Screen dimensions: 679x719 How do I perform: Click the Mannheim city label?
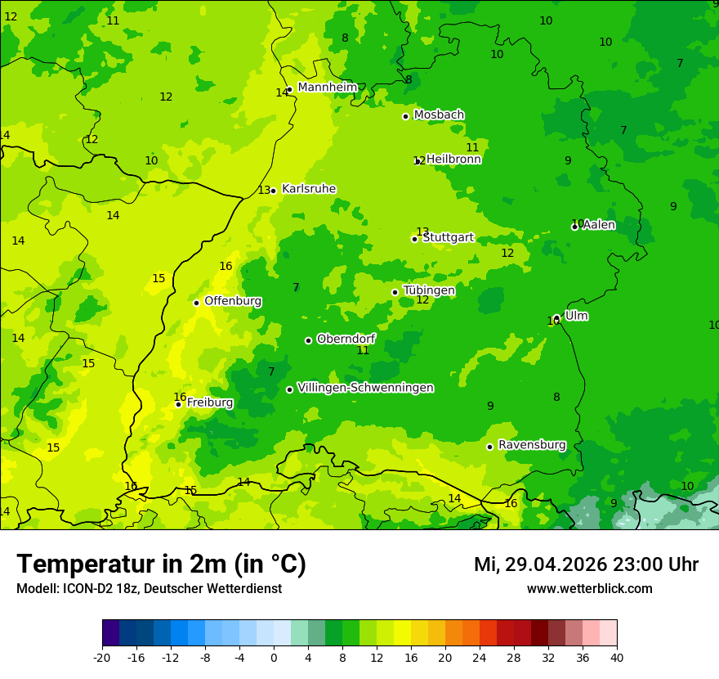click(x=328, y=88)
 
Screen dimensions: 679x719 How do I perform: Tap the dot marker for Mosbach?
click(x=405, y=116)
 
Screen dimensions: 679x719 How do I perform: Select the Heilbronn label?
click(x=453, y=160)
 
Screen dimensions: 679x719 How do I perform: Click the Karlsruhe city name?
click(x=309, y=189)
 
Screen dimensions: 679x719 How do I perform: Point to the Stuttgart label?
click(x=448, y=238)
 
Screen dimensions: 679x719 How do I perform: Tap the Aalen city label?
click(x=599, y=225)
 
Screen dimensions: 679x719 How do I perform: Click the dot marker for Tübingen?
click(x=395, y=292)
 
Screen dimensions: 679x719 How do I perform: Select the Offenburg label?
click(x=233, y=301)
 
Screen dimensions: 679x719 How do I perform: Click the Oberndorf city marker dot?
click(x=308, y=340)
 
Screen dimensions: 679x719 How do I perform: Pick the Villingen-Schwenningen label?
click(x=365, y=388)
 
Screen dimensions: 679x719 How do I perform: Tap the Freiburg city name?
click(x=210, y=402)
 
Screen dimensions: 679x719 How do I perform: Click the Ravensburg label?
click(x=532, y=445)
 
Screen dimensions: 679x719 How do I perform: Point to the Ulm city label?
click(x=576, y=316)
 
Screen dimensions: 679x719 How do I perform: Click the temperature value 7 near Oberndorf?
click(x=296, y=287)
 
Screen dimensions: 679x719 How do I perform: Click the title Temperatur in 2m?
click(x=162, y=564)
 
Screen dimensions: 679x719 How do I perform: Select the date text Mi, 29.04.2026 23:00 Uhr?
click(x=586, y=564)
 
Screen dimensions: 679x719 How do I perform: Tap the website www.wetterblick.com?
click(x=589, y=588)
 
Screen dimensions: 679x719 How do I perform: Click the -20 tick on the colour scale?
click(x=102, y=657)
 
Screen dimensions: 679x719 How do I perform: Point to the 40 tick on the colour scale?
click(x=616, y=657)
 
